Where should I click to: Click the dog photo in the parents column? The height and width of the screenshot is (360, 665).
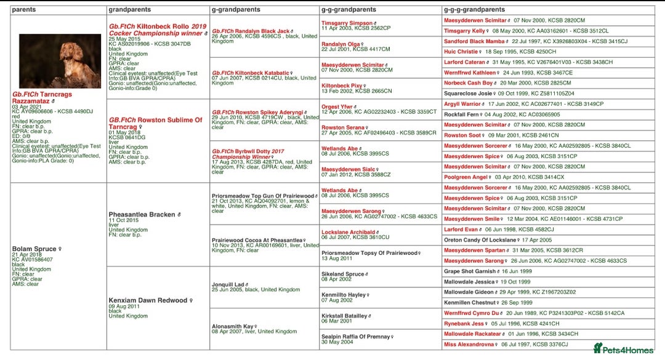pos(60,61)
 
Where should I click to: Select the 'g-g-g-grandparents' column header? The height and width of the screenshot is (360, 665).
pos(474,10)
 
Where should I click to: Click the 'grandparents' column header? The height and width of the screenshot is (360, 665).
pos(129,10)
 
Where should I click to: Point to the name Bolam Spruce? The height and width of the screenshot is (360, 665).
pos(34,249)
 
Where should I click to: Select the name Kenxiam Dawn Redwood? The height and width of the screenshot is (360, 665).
pos(148,300)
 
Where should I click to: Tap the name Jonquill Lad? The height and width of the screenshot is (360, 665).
pos(228,284)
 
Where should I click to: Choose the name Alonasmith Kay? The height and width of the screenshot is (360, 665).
pos(232,326)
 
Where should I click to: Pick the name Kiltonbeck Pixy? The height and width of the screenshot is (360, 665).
pos(342,86)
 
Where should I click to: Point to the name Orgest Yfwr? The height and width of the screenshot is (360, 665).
pos(337,106)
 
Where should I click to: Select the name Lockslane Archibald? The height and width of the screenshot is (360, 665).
pos(348,232)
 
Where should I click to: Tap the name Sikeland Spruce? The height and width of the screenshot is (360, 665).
pos(342,274)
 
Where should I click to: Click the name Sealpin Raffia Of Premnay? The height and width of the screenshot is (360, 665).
pos(355,337)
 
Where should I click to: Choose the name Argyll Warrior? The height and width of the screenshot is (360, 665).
pos(462,104)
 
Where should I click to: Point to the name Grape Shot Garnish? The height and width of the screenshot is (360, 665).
pos(470,271)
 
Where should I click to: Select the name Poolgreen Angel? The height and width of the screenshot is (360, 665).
pos(465,177)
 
